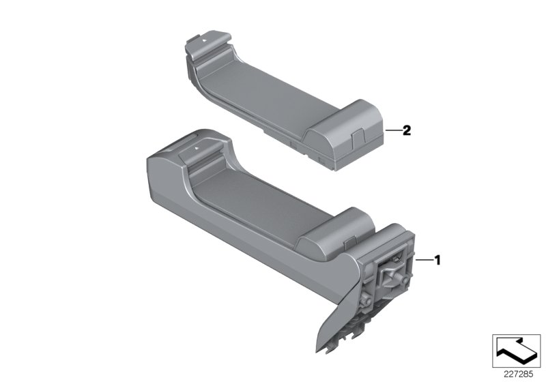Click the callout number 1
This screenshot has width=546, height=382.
(437, 260)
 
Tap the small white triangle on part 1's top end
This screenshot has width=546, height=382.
(196, 146)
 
